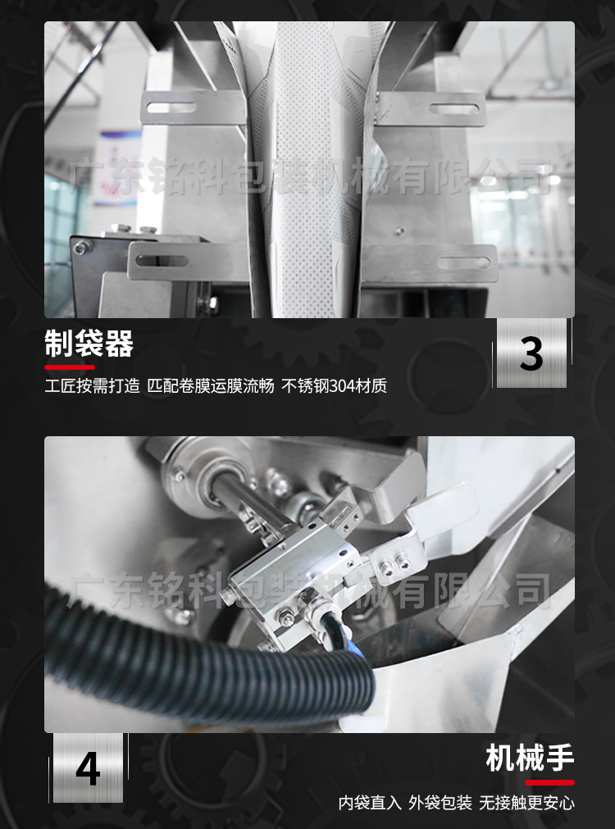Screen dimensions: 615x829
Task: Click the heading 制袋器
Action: point(89,343)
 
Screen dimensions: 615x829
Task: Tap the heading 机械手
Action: point(530,758)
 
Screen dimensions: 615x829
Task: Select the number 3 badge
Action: point(531,353)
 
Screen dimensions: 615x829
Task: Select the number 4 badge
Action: point(88,768)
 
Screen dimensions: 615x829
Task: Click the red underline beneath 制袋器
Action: point(70,367)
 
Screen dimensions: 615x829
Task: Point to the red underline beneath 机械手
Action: point(549,782)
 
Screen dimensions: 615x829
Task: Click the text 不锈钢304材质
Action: point(335,386)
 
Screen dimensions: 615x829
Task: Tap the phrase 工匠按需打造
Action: point(92,386)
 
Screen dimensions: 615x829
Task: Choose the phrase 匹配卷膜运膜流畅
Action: point(211,386)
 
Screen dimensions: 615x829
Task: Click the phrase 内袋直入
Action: point(370,803)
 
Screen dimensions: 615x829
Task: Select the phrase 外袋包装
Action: point(440,803)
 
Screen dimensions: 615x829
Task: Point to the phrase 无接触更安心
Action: point(526,803)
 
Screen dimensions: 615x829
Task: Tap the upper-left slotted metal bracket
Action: point(194,107)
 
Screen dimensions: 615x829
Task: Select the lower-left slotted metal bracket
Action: point(189,261)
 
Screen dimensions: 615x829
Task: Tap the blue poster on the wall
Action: point(116,167)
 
